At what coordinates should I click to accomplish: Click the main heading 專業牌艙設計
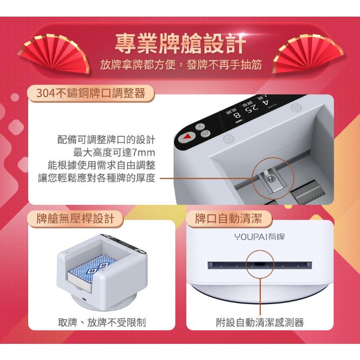pyautogui.click(x=180, y=42)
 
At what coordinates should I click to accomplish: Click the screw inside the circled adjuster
pyautogui.click(x=271, y=177)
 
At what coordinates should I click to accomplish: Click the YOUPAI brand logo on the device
pyautogui.click(x=260, y=236)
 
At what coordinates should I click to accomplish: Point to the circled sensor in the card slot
pyautogui.click(x=260, y=263)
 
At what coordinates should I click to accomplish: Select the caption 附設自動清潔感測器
pyautogui.click(x=260, y=323)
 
